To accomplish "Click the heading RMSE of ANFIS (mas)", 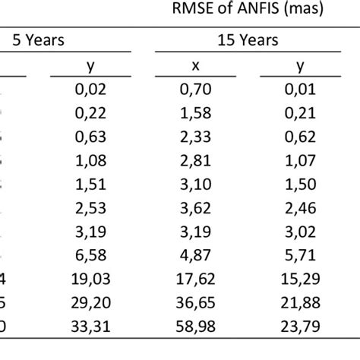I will pos(249,11).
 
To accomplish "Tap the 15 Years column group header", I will pos(248,39).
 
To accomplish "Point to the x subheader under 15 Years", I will pos(194,68).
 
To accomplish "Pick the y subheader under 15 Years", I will pos(301,68).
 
